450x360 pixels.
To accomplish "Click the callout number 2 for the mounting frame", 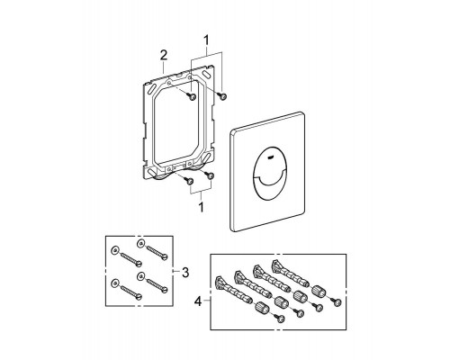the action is tap(164, 56).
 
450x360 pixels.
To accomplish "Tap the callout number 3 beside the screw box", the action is tap(185, 273).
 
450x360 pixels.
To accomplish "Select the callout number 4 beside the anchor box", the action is tap(198, 301).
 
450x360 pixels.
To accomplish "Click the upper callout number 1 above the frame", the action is tap(206, 40).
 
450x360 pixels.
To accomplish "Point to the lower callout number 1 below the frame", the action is tap(201, 207).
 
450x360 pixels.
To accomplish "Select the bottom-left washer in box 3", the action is tap(114, 283).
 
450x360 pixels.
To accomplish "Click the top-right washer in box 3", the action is tap(140, 243).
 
